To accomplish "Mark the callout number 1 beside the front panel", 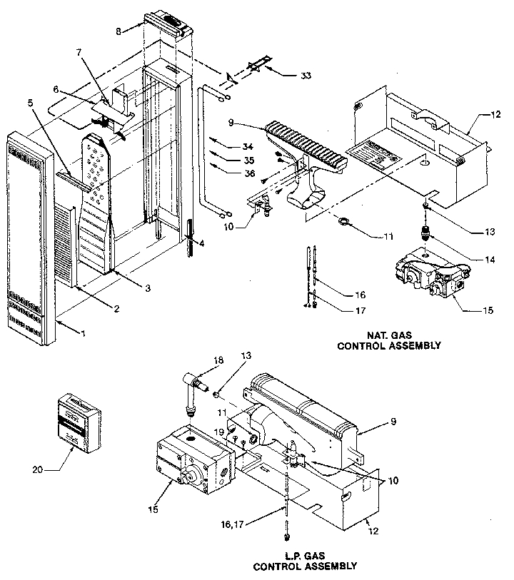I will tap(84, 334).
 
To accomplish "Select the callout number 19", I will tap(220, 432).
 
